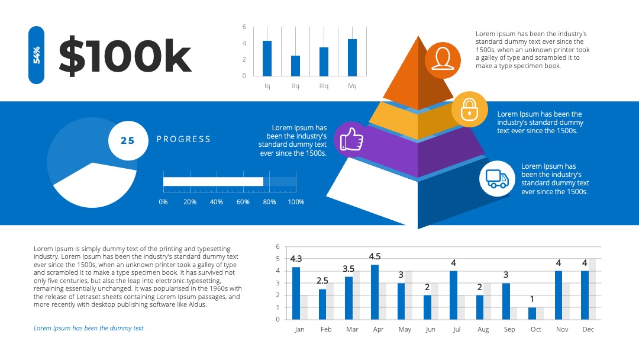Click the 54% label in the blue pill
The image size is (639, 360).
36,55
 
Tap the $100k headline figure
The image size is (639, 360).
125,56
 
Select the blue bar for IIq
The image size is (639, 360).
295,66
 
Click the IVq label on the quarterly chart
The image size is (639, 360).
351,86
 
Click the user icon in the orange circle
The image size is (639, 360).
443,60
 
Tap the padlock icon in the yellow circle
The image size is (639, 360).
469,110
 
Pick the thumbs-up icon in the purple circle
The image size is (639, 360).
351,139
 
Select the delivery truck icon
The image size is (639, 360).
497,179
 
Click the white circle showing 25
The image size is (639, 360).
128,141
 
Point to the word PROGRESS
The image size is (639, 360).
183,139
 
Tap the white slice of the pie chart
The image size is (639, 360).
96,186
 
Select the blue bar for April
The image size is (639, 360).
375,292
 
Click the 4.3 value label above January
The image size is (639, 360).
296,259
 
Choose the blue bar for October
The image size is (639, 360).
532,313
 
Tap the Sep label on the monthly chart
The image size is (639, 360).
509,329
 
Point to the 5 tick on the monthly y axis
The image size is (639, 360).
278,259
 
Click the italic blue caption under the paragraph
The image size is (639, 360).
88,328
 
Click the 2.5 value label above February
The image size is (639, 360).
322,281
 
